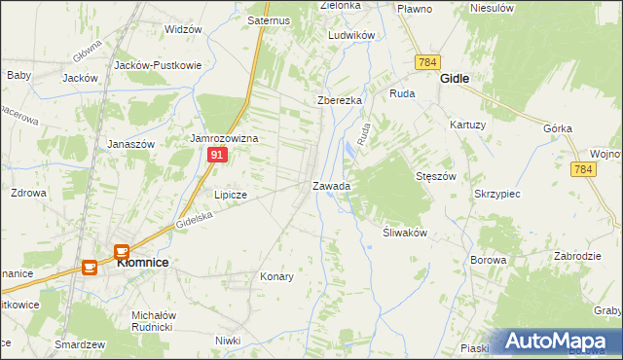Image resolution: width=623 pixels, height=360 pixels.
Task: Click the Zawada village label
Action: click(331, 185)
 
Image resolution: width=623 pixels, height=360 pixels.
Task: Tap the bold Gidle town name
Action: click(455, 77)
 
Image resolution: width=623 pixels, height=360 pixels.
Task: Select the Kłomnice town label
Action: click(143, 262)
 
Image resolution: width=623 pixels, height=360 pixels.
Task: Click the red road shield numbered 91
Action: click(218, 156)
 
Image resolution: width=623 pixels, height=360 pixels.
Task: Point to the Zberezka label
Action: click(340, 101)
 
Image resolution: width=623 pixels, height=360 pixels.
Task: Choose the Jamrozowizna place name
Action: click(224, 139)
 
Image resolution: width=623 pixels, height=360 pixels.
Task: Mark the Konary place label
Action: click(276, 276)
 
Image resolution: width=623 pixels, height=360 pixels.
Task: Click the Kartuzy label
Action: click(467, 125)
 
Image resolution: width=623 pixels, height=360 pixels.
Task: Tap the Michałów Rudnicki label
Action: click(154, 321)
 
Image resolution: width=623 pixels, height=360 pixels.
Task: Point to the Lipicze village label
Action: click(231, 195)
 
